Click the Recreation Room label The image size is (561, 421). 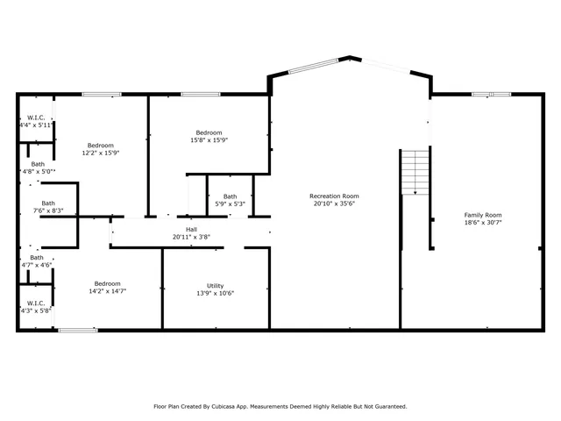click(x=334, y=196)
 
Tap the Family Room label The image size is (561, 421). click(x=482, y=215)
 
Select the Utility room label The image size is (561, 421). click(x=215, y=285)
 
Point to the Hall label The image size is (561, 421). click(x=191, y=229)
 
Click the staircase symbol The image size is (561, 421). click(x=415, y=172)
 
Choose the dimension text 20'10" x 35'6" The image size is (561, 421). click(x=334, y=203)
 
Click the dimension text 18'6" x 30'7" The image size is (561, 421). click(x=482, y=223)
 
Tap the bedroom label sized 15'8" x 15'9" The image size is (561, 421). click(x=209, y=132)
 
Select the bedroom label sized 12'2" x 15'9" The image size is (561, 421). click(x=100, y=145)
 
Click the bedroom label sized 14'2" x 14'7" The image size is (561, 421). click(x=107, y=283)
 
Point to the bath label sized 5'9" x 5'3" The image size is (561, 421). click(x=230, y=196)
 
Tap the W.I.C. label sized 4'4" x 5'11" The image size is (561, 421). click(x=36, y=118)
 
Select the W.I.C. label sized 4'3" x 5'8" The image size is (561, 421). click(x=36, y=303)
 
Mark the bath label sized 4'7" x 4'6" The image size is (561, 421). click(x=36, y=258)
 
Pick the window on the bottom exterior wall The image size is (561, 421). click(x=78, y=330)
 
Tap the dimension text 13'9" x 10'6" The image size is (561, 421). click(x=215, y=293)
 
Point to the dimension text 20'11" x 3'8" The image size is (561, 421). click(x=191, y=237)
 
